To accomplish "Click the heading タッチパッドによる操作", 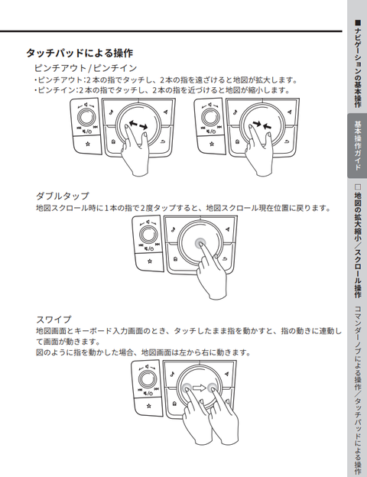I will [80, 54].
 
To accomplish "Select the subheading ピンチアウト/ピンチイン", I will [85, 69].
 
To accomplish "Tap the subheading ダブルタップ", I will [63, 196].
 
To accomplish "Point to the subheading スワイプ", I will [54, 319].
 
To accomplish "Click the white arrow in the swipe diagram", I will [200, 389].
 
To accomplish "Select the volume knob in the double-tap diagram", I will [148, 232].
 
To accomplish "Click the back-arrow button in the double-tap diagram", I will [222, 261].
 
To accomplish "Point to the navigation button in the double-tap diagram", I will [229, 229].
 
